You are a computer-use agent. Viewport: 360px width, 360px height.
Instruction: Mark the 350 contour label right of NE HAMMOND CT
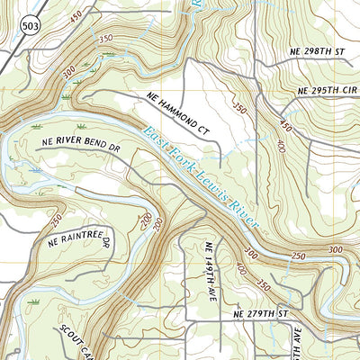[x=239, y=109]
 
